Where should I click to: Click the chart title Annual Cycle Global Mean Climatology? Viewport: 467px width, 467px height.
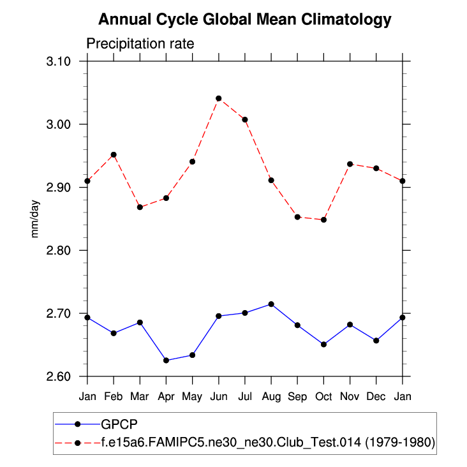pyautogui.click(x=244, y=20)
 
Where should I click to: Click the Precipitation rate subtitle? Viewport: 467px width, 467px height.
pyautogui.click(x=140, y=43)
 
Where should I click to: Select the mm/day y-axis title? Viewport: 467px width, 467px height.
pyautogui.click(x=36, y=219)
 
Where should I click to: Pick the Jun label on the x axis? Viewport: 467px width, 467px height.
pyautogui.click(x=218, y=396)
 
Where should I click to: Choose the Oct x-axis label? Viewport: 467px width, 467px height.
pyautogui.click(x=323, y=396)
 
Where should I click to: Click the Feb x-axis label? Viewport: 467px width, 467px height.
pyautogui.click(x=113, y=396)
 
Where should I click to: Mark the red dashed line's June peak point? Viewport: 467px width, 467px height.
pyautogui.click(x=218, y=98)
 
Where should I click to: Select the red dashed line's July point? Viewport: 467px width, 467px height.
pyautogui.click(x=245, y=119)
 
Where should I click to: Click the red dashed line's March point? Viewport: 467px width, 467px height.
pyautogui.click(x=140, y=207)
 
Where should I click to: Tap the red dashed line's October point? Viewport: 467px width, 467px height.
pyautogui.click(x=324, y=219)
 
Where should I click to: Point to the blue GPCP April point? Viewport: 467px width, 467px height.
pyautogui.click(x=166, y=360)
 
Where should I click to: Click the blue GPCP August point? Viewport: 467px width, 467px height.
pyautogui.click(x=271, y=304)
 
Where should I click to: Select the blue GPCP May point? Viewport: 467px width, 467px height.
pyautogui.click(x=192, y=355)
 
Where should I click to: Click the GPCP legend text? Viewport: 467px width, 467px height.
pyautogui.click(x=119, y=424)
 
